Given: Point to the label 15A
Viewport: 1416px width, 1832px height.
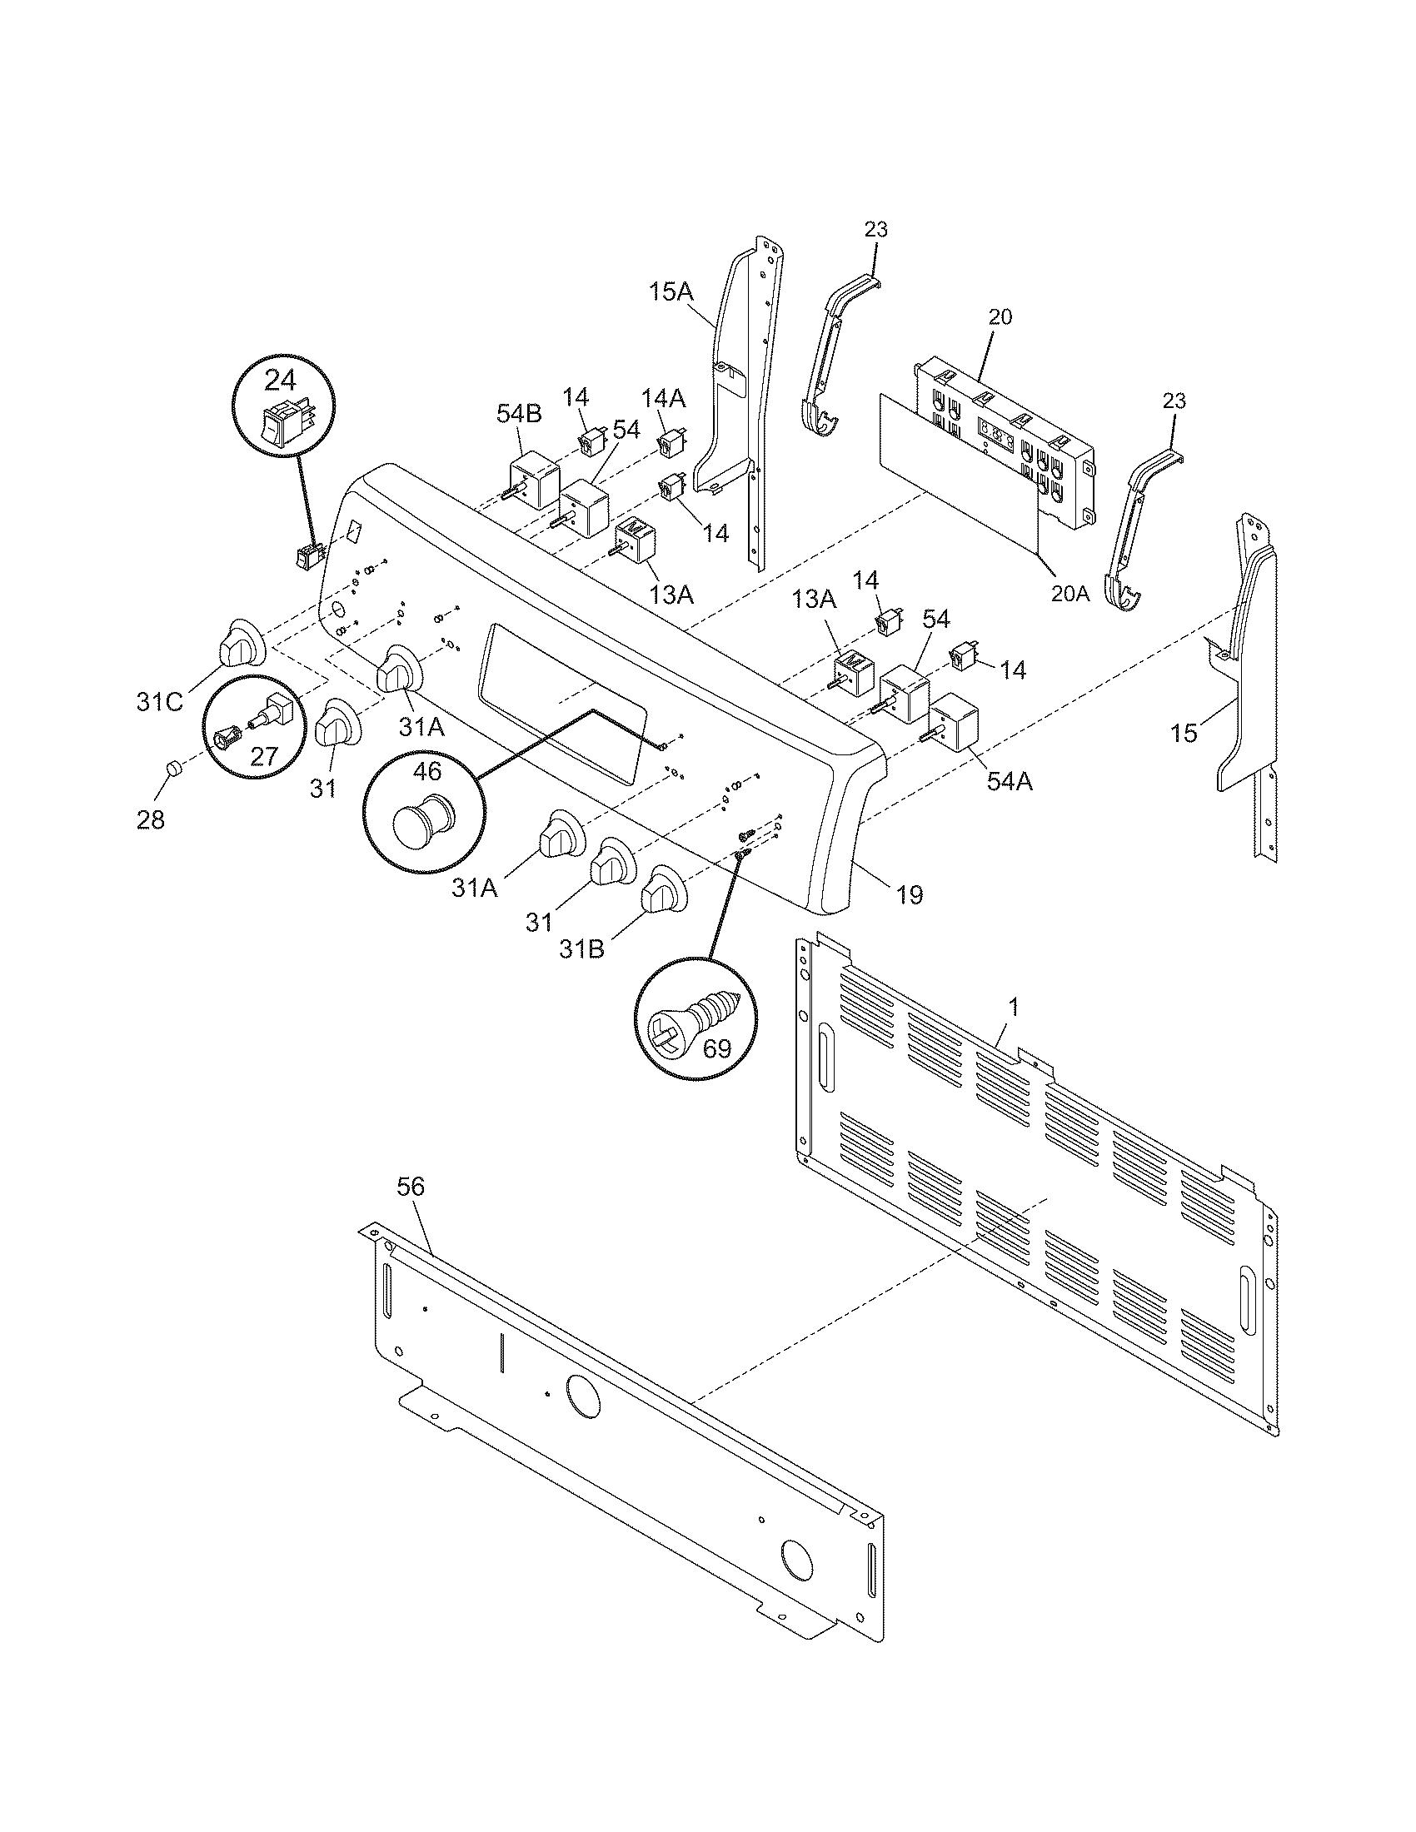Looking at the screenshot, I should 671,293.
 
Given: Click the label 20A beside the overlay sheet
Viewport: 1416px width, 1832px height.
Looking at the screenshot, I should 1070,594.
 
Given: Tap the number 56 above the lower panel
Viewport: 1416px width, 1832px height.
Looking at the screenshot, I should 411,1186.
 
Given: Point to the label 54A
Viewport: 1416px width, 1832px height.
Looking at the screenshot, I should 1010,782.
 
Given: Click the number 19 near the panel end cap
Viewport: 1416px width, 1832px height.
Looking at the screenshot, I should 910,895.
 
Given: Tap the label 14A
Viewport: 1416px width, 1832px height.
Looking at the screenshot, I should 664,397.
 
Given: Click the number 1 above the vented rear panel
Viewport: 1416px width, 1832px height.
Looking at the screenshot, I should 1014,1007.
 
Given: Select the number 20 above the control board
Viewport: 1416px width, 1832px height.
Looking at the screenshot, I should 1000,317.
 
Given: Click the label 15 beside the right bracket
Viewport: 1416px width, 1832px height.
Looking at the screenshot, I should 1184,733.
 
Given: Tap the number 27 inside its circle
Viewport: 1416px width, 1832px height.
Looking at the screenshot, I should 263,756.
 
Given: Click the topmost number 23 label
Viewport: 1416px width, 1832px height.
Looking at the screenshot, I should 875,230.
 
